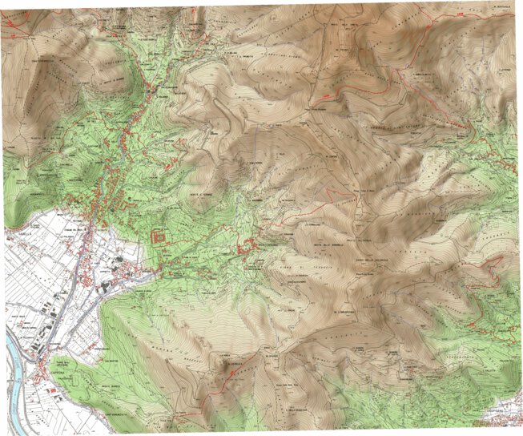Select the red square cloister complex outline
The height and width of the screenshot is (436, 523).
point(159,236)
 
